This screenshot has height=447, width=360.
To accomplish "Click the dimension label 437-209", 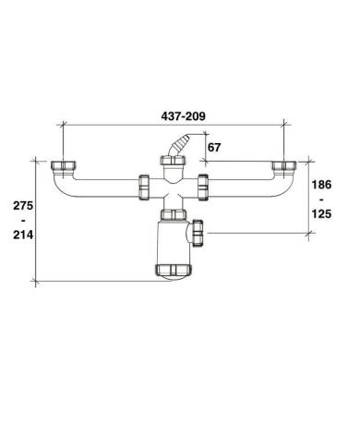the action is click(x=183, y=116).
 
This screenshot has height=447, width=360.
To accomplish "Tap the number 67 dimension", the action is click(x=214, y=148).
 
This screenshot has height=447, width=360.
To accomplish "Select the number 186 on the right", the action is click(x=321, y=185).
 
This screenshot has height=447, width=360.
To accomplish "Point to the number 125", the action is click(x=321, y=213).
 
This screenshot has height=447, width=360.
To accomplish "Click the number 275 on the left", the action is click(x=23, y=206).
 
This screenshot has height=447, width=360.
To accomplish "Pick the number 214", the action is click(x=23, y=235).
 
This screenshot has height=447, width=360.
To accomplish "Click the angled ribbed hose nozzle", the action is click(x=178, y=144).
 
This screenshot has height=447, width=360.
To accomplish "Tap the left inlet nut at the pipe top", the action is click(x=65, y=165).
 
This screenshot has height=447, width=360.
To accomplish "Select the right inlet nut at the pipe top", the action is click(x=284, y=165).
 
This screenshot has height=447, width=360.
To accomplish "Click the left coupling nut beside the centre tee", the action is click(x=144, y=187).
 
